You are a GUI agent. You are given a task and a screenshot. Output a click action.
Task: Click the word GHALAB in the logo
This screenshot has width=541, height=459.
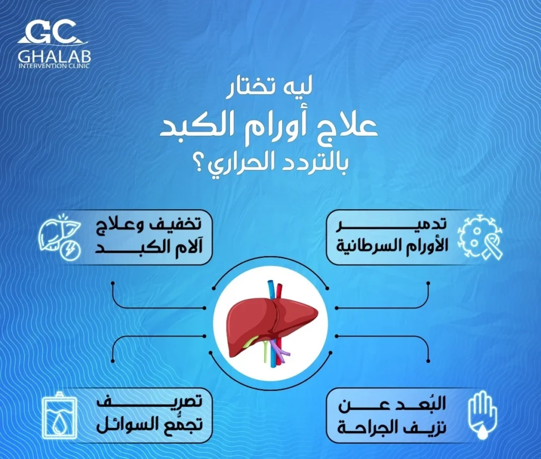coord(54,55)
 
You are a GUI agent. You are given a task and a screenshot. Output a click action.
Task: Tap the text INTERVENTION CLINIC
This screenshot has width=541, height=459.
coord(54,66)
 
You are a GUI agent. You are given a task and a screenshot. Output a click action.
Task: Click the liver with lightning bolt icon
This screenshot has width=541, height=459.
coord(59,237)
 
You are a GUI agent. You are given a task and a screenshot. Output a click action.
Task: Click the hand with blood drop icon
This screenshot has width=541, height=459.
coord(482,415)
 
